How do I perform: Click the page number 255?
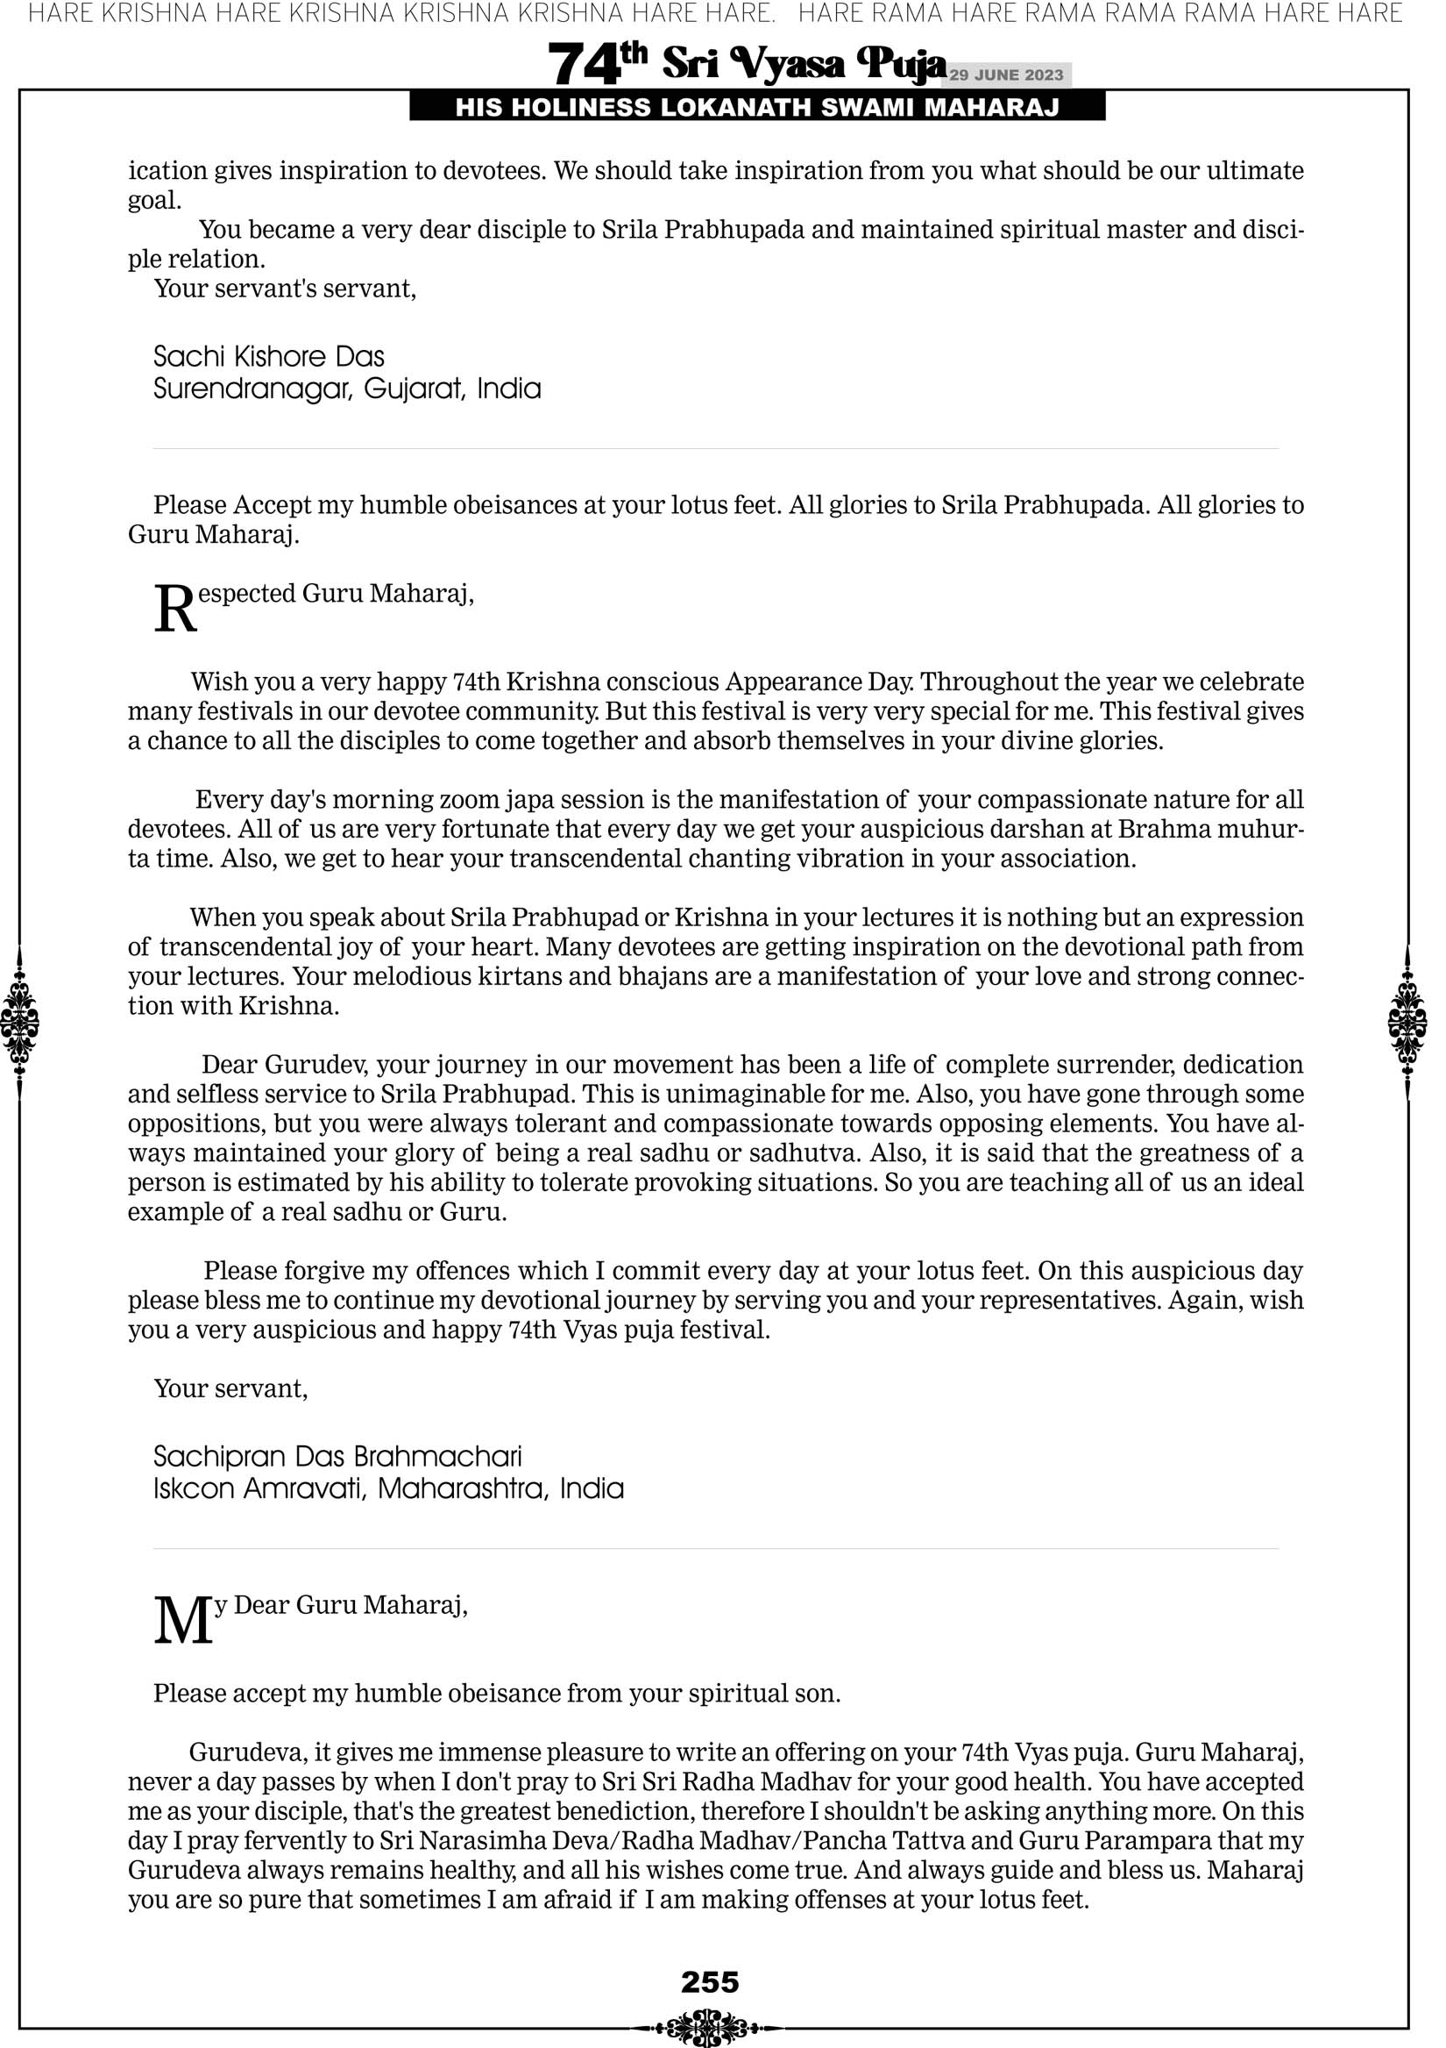click(x=710, y=1982)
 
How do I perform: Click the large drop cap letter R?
click(x=174, y=610)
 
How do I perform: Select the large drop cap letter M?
click(x=184, y=1621)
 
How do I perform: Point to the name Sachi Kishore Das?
click(x=268, y=357)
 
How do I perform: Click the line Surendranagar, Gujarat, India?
click(x=347, y=389)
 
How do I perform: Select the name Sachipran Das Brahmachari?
click(x=337, y=1457)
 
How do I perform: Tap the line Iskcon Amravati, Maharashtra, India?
click(x=388, y=1488)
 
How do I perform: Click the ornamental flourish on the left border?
click(x=19, y=1022)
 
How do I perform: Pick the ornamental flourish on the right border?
click(x=1407, y=1022)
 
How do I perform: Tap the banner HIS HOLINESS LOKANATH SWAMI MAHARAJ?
click(x=757, y=107)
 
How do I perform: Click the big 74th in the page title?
click(x=598, y=63)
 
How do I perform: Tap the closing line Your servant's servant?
click(x=285, y=288)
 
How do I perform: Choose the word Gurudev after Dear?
click(x=315, y=1064)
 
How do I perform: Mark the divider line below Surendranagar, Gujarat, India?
click(x=715, y=449)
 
